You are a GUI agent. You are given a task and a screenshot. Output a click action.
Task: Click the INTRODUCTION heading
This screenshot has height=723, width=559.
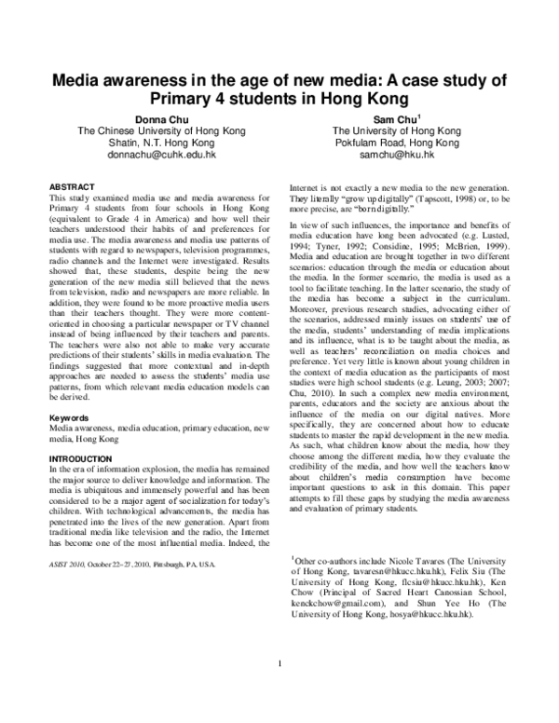click(83, 460)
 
